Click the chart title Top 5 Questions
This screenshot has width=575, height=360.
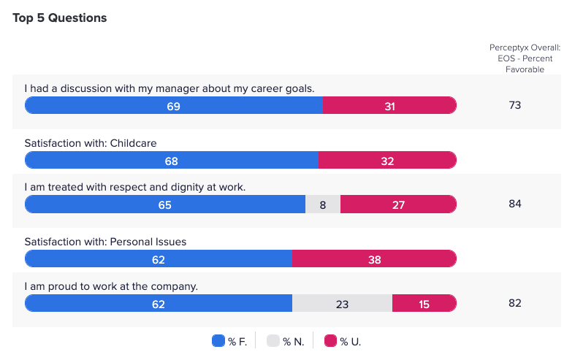[60, 18]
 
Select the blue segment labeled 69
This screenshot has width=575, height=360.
[174, 106]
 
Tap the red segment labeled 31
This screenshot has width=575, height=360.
[389, 106]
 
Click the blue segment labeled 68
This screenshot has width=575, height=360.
[172, 161]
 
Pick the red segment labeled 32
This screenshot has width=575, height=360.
[387, 161]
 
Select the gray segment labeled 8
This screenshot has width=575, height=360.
[323, 205]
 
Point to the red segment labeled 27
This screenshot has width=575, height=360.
[398, 205]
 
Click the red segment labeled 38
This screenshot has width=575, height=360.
[374, 258]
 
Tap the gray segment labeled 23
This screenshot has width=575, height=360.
[342, 304]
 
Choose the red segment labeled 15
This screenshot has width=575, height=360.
[424, 304]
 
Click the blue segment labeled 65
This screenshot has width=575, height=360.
[165, 205]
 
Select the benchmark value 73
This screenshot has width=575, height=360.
[515, 105]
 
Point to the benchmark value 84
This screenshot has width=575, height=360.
[515, 204]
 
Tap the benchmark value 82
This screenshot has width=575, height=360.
[515, 303]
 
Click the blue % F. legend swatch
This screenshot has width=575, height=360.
[218, 341]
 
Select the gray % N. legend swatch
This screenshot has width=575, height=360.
[273, 341]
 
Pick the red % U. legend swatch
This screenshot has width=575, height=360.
[330, 341]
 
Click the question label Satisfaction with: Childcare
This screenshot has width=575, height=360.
[91, 143]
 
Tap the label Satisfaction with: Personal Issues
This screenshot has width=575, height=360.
[107, 241]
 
